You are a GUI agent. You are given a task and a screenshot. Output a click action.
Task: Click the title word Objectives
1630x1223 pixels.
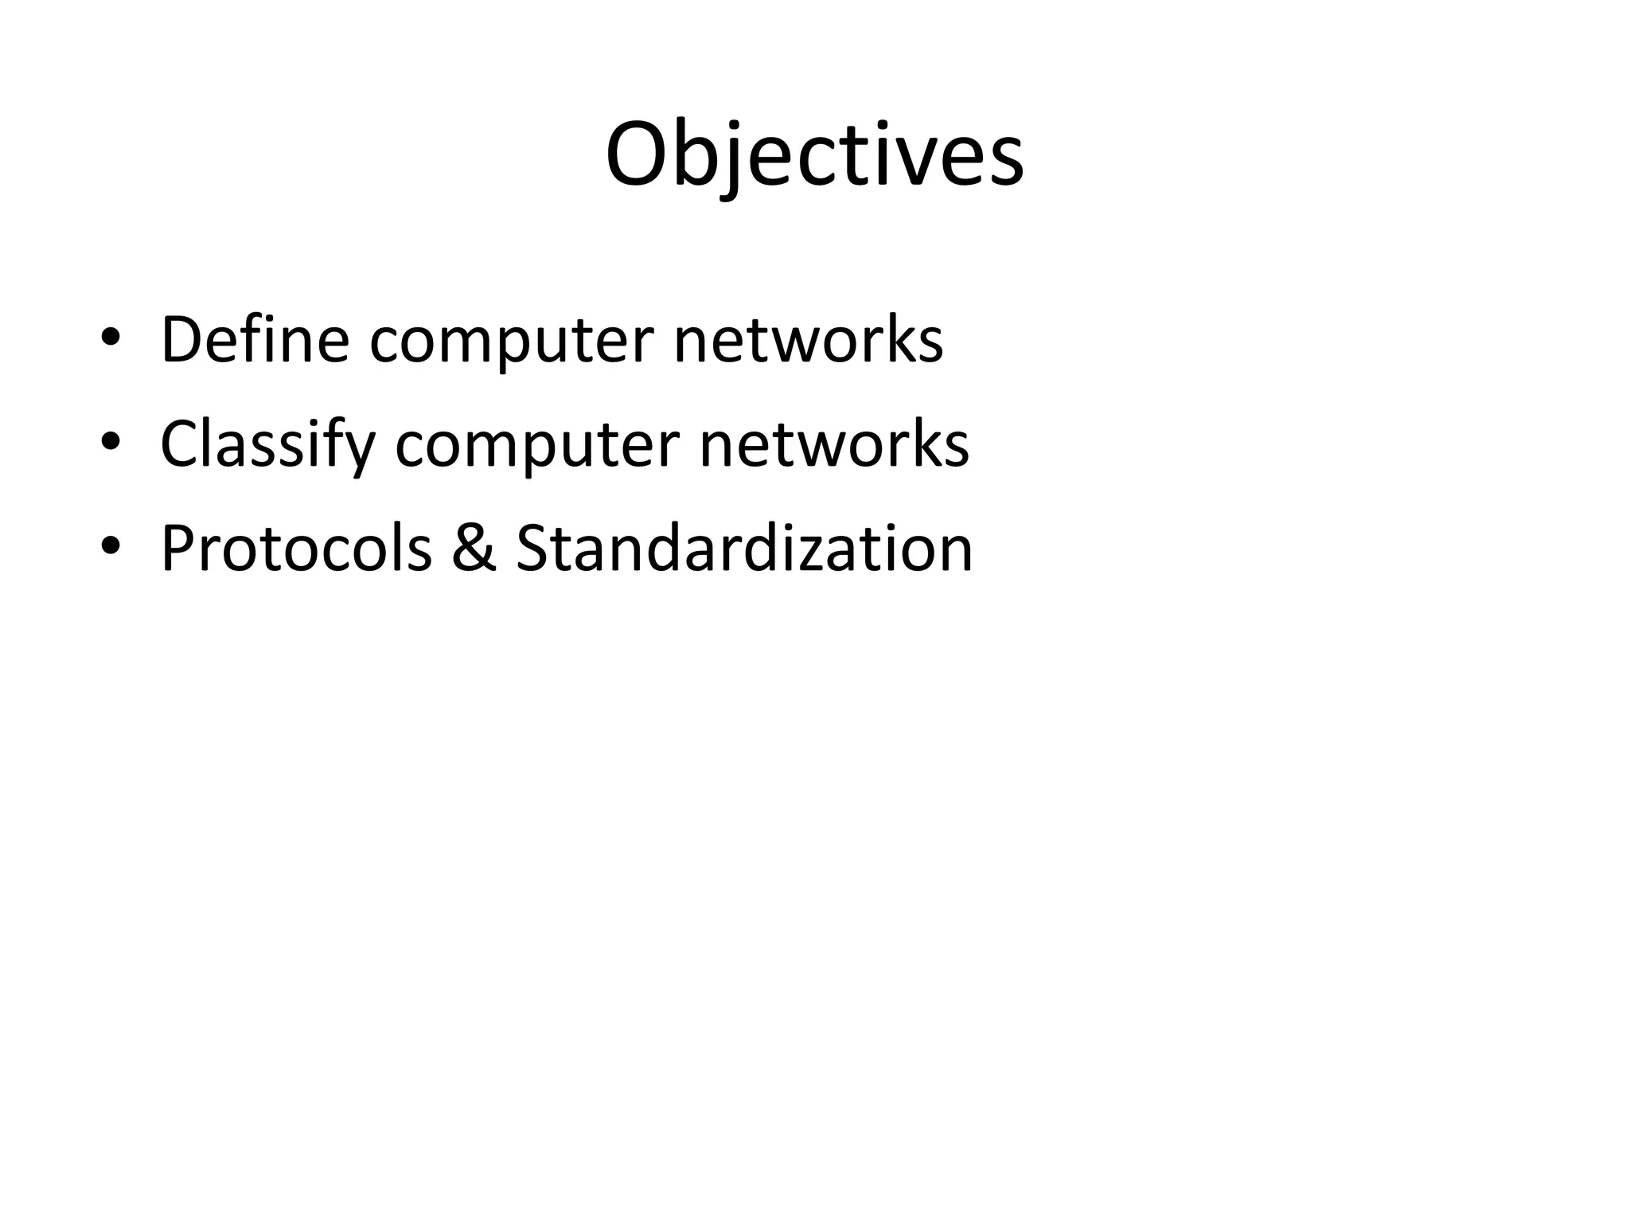[x=814, y=154]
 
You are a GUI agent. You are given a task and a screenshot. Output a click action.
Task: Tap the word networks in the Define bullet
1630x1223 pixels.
[x=808, y=340]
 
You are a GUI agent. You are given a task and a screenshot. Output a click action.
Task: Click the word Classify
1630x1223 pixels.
[x=267, y=444]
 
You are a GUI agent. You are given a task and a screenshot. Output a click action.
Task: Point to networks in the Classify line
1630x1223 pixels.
[x=834, y=444]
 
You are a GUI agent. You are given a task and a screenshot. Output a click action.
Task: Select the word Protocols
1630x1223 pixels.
[x=296, y=549]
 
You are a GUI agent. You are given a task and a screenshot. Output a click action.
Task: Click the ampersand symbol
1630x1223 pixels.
[x=474, y=549]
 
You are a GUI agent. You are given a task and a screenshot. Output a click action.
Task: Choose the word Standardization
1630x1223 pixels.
[x=744, y=549]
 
